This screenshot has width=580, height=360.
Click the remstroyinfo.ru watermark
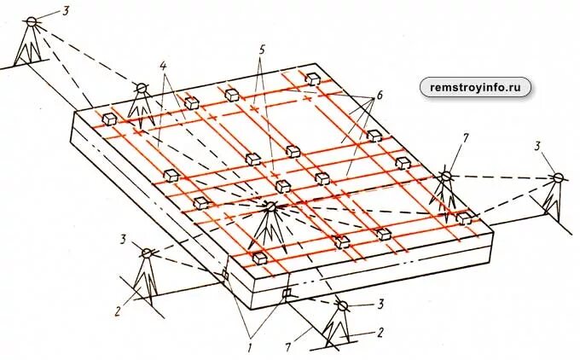click(475, 86)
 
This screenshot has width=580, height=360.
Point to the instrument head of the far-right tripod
click(558, 178)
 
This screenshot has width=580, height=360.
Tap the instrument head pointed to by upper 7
click(444, 176)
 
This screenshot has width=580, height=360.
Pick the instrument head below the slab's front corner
click(343, 305)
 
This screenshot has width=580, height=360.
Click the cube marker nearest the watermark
click(314, 78)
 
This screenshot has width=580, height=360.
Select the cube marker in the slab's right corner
click(464, 218)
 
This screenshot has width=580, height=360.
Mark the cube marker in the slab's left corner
click(108, 119)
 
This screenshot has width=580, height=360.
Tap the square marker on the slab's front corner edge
click(287, 294)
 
